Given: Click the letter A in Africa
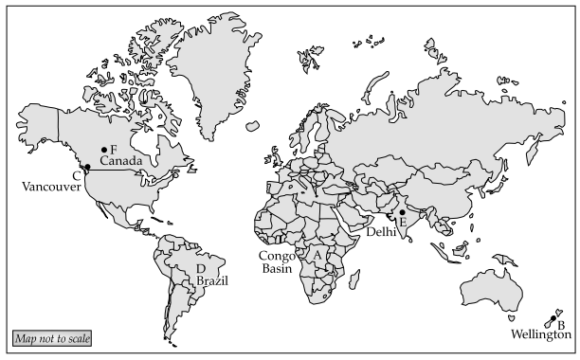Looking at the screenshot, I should coord(317,254).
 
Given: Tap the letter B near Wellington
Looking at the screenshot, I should coord(561,324).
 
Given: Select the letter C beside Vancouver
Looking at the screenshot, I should coord(76,175).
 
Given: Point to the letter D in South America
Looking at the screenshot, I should coord(200,269).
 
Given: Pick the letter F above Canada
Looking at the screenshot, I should coord(113,150).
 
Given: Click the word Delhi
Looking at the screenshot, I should coord(382,232).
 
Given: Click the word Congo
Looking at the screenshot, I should coord(278,256).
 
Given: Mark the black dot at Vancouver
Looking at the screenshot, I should coord(87,168).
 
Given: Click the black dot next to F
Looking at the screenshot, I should coord(103,150).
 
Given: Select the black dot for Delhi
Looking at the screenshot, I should coord(402,212).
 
